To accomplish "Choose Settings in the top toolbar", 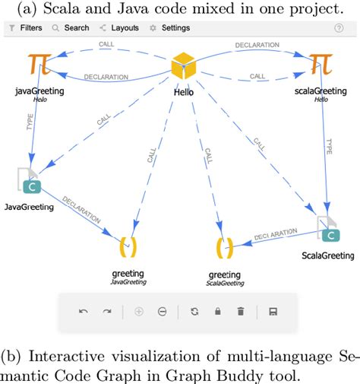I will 170,28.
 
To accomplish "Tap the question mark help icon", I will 339,28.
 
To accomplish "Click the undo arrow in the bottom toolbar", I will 84,312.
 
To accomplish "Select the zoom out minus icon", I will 162,312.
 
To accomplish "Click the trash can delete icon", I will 240,312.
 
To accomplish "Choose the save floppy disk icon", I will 273,312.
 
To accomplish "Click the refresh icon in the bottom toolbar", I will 194,312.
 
